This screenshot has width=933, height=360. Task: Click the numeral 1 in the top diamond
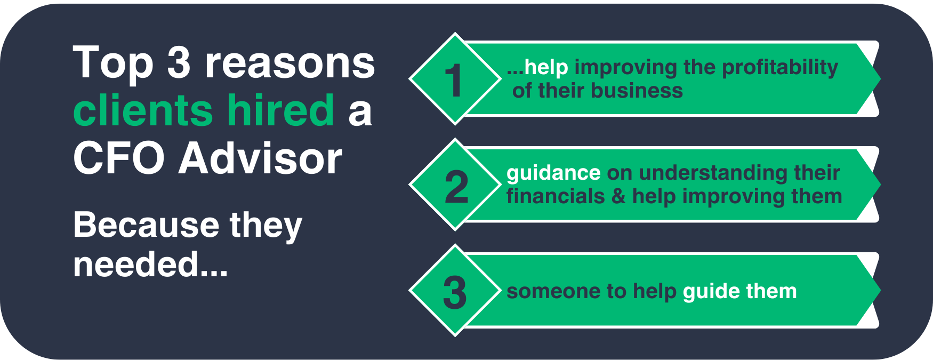click(x=454, y=81)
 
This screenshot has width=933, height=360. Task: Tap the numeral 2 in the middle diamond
click(x=456, y=187)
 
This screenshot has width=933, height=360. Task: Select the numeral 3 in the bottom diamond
click(x=455, y=293)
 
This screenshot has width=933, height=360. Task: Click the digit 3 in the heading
click(x=179, y=62)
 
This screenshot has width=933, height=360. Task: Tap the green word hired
click(x=281, y=110)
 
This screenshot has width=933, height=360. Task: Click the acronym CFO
click(x=118, y=158)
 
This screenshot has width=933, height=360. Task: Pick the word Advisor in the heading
click(x=260, y=158)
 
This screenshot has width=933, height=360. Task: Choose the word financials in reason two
click(x=556, y=196)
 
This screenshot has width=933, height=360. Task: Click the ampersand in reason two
click(x=618, y=197)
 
